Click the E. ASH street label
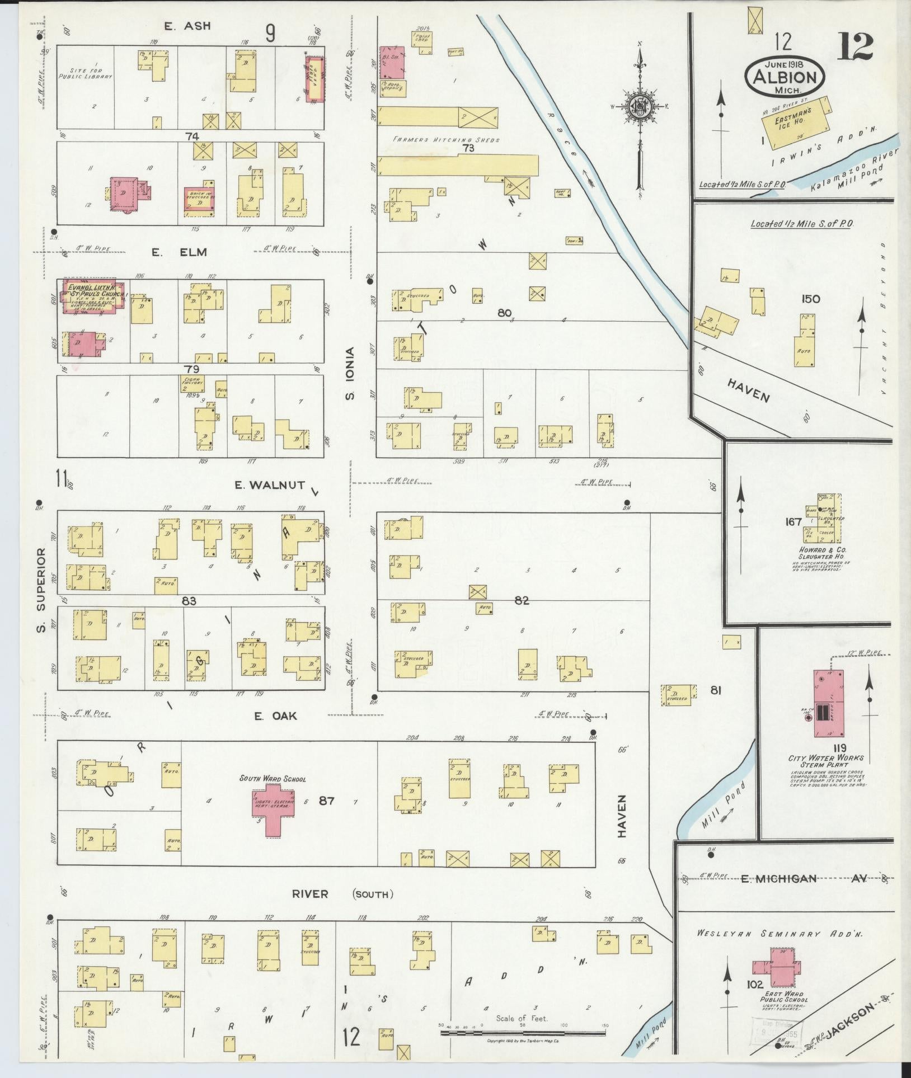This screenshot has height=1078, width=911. click(187, 26)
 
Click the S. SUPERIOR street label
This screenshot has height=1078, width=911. click(40, 590)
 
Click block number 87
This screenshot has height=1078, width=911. click(326, 801)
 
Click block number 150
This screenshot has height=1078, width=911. click(810, 299)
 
